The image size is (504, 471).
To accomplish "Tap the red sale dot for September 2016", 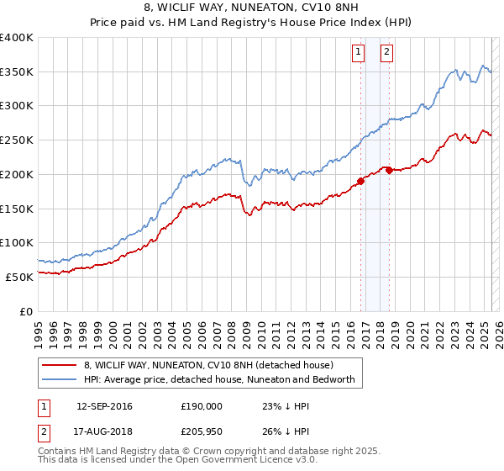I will pyautogui.click(x=360, y=180).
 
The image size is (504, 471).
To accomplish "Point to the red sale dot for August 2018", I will pyautogui.click(x=389, y=170).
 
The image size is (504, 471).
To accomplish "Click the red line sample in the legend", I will pyautogui.click(x=60, y=366).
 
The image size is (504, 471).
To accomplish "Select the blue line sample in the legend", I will pyautogui.click(x=60, y=379).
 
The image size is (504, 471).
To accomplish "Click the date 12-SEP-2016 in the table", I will pyautogui.click(x=104, y=406).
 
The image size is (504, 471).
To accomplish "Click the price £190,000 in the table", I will pyautogui.click(x=201, y=406).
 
